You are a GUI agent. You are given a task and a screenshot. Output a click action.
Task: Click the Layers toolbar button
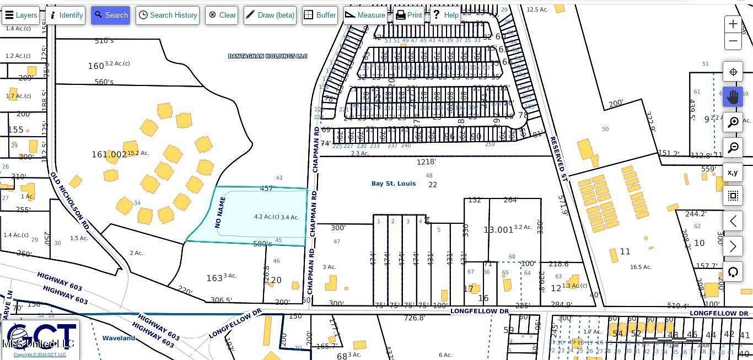tap(21, 15)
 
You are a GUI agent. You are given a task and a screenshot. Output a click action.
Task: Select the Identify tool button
tap(66, 15)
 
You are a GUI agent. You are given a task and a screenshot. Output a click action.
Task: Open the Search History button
tap(168, 15)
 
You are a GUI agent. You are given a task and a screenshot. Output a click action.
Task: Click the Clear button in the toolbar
tap(222, 15)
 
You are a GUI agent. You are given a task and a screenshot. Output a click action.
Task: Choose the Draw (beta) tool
tap(270, 15)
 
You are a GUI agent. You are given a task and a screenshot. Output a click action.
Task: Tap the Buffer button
tap(320, 15)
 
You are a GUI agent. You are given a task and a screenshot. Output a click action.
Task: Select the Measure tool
tap(365, 15)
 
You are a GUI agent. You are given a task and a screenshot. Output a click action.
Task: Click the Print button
tap(408, 15)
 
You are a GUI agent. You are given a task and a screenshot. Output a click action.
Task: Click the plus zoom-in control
tap(733, 24)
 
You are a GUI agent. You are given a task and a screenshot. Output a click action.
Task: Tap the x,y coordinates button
tap(733, 173)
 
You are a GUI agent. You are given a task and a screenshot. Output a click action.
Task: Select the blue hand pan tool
tap(733, 97)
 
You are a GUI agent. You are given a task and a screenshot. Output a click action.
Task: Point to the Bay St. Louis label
tap(394, 184)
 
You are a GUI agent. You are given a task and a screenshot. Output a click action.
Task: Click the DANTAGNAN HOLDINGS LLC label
tap(267, 56)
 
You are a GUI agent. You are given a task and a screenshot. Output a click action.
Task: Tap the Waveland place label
tap(119, 338)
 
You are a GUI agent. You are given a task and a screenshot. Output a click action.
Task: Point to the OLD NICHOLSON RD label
tap(69, 201)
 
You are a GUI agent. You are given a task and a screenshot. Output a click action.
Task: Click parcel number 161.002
tap(109, 155)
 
